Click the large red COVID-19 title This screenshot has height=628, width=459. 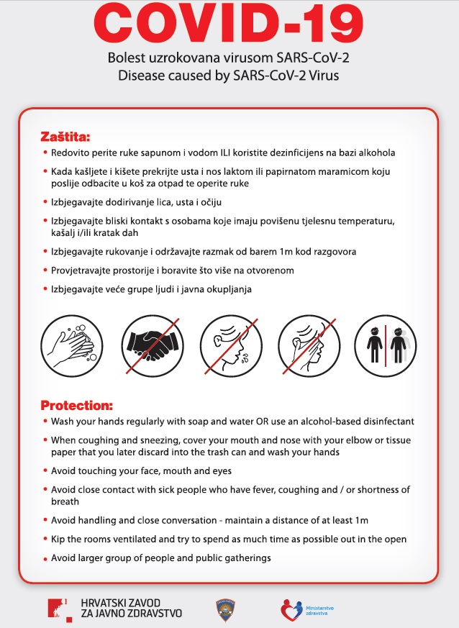[x=229, y=26]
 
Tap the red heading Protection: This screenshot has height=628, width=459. [x=76, y=405]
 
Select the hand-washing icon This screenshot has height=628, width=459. [x=68, y=345]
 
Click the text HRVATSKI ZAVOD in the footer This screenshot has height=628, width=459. [x=120, y=602]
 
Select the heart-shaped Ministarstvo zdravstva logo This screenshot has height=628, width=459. [x=291, y=609]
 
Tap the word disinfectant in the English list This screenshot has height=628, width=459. [x=384, y=421]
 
